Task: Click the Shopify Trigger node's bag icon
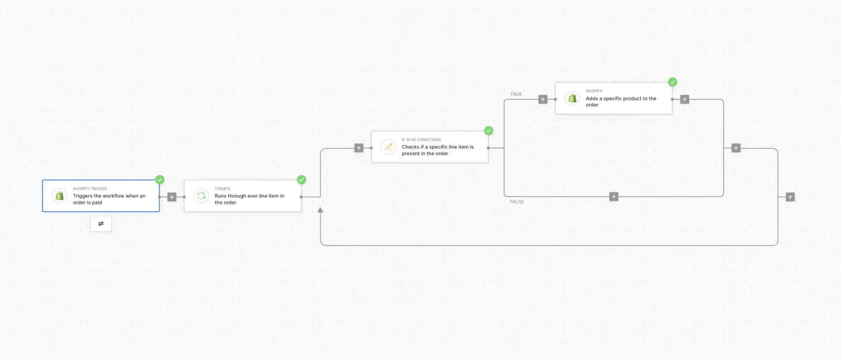point(59,196)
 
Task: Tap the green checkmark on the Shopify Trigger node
point(160,179)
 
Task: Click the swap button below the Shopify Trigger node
point(100,224)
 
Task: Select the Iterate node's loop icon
point(201,196)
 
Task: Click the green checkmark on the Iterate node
point(302,179)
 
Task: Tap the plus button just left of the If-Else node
point(359,148)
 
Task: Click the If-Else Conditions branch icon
point(388,147)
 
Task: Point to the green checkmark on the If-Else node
point(488,131)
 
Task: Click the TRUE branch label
point(516,94)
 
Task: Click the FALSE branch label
point(517,202)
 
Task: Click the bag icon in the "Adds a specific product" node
point(572,98)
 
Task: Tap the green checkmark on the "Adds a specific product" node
point(672,82)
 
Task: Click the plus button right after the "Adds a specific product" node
point(684,99)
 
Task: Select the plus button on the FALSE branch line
point(613,197)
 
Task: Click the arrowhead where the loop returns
point(320,210)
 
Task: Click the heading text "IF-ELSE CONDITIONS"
point(421,140)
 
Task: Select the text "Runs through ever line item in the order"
point(249,199)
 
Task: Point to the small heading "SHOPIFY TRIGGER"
point(90,189)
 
